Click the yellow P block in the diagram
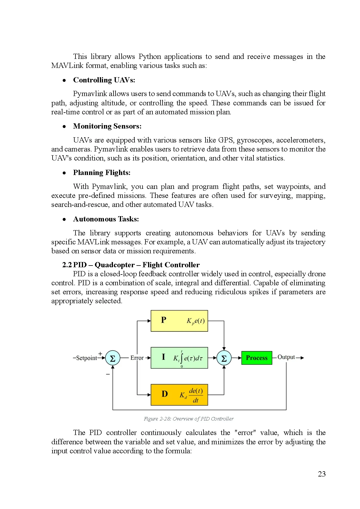point(179,321)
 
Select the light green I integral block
point(179,358)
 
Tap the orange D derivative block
point(179,395)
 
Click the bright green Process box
point(257,358)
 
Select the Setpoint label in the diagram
point(86,358)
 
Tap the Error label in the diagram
point(137,358)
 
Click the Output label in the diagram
point(286,357)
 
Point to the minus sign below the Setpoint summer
point(108,374)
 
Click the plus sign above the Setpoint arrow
point(100,353)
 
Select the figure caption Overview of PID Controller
point(189,419)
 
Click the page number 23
point(321,474)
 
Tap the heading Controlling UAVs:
point(104,80)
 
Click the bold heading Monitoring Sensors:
point(107,126)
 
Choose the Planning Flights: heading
point(102,172)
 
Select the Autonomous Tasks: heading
point(106,219)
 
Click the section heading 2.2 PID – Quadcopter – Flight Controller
point(131,265)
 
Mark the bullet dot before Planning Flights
point(64,173)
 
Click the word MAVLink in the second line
point(67,66)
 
